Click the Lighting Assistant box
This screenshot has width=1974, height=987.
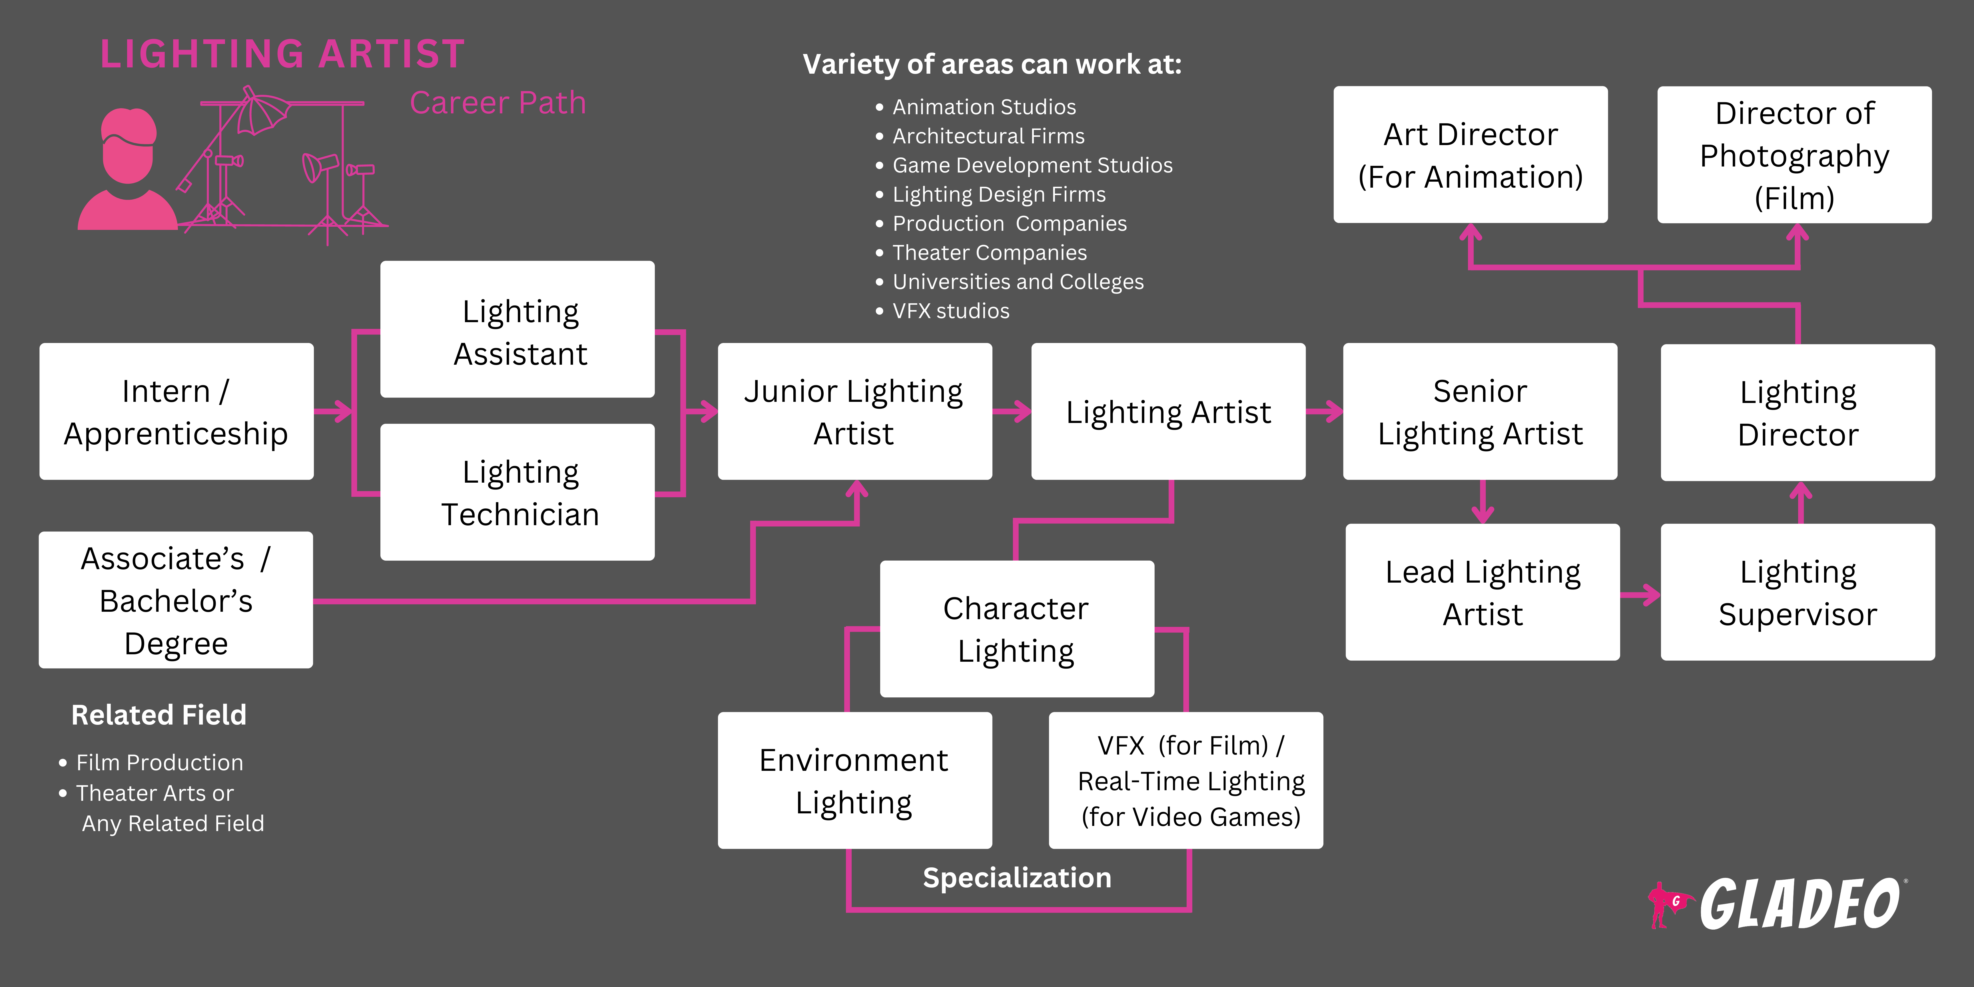(x=517, y=330)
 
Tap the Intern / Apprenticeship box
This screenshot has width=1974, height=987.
(x=176, y=412)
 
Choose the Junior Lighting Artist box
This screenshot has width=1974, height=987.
(x=854, y=412)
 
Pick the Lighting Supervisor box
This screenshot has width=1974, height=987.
(x=1797, y=592)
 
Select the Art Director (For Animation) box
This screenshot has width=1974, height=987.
(x=1470, y=155)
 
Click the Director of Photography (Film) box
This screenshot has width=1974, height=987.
(x=1794, y=155)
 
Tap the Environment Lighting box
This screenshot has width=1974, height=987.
(x=854, y=780)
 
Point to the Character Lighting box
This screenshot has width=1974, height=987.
(x=1016, y=628)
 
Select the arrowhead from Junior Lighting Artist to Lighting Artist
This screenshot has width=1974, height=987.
(x=1023, y=412)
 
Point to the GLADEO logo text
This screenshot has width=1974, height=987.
(x=1799, y=904)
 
